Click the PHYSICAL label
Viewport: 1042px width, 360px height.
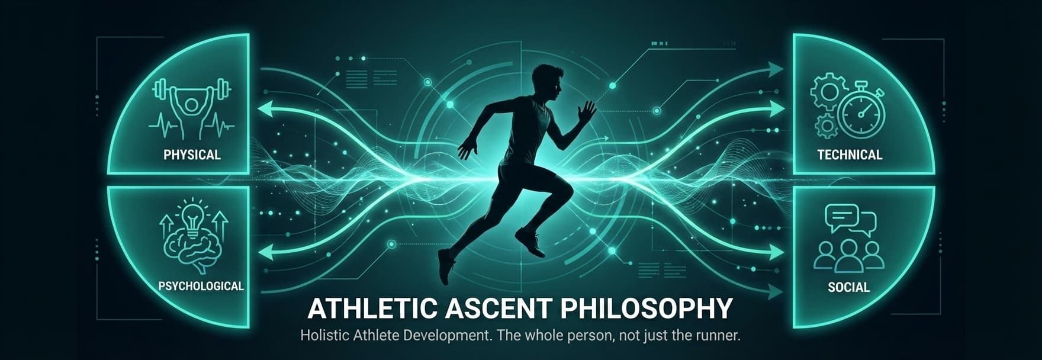coord(192,155)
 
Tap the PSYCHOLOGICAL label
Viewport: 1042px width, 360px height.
coord(201,286)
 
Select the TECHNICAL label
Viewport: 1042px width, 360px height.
coord(850,155)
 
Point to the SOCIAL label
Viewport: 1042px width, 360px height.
coord(848,287)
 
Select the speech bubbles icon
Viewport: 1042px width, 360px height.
coord(850,220)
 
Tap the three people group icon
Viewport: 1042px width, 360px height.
coord(849,254)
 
